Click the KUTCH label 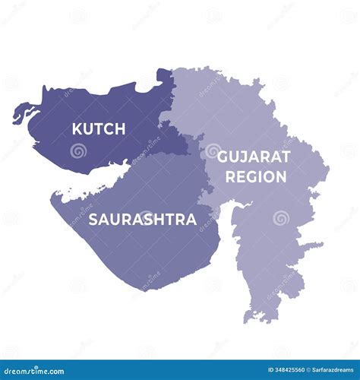(x=99, y=129)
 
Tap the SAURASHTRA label (x=143, y=220)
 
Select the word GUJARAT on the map (x=254, y=157)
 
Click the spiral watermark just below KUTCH (x=78, y=150)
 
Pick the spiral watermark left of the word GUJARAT (x=212, y=150)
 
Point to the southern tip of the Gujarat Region (x=263, y=319)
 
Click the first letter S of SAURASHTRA (x=93, y=220)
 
